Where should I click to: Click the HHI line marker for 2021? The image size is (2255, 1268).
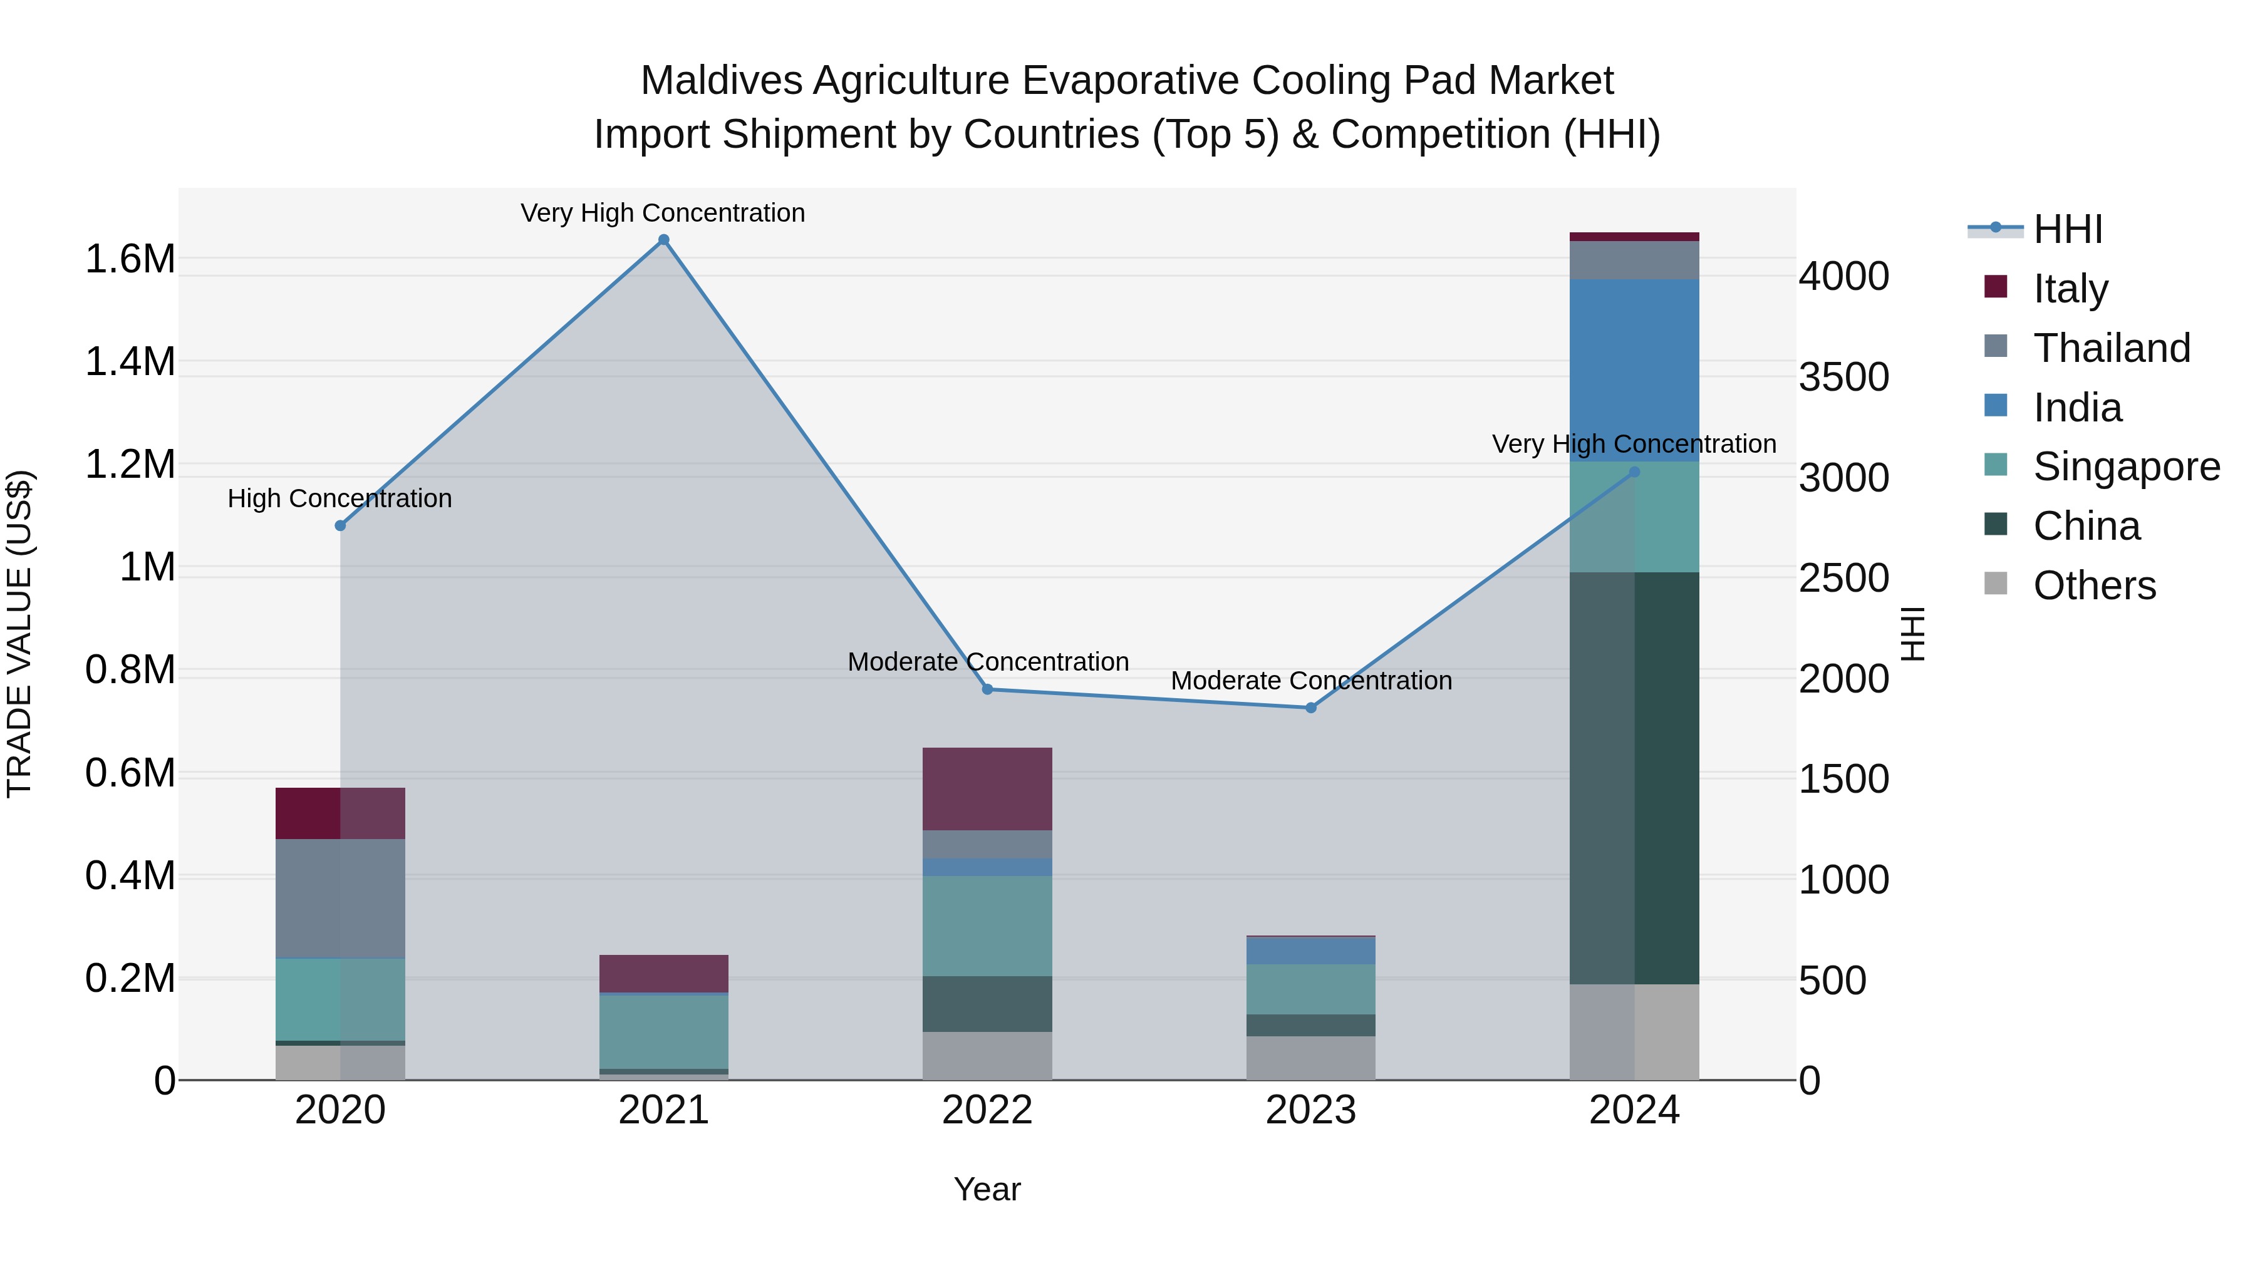tap(663, 240)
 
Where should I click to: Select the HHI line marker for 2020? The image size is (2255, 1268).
tap(341, 525)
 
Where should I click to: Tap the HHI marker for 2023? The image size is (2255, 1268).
tap(1310, 707)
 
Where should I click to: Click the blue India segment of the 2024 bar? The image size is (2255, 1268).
tap(1634, 370)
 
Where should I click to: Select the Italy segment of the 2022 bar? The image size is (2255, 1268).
tap(987, 788)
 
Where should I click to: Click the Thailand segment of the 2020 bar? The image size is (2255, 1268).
tap(341, 898)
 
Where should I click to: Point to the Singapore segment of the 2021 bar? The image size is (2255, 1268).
tap(663, 1031)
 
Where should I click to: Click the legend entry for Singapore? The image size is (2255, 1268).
tap(2125, 466)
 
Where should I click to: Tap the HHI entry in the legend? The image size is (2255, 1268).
tap(2067, 229)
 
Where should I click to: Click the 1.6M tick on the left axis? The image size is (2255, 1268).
tap(130, 259)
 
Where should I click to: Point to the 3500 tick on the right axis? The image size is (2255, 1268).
tap(1843, 377)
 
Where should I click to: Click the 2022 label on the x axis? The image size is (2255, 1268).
tap(987, 1110)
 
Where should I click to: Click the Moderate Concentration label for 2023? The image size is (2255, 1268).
tap(1310, 680)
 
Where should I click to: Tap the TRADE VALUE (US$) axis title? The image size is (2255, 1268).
tap(19, 634)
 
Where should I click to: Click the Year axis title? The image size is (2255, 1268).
tap(987, 1189)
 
